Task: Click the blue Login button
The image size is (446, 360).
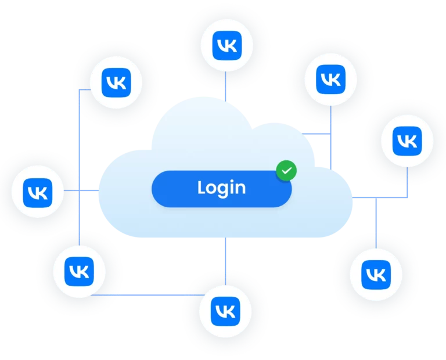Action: (x=221, y=188)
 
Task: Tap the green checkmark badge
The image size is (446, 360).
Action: (x=286, y=171)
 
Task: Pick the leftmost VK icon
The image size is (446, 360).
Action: (x=38, y=190)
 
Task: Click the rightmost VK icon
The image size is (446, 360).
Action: (x=408, y=141)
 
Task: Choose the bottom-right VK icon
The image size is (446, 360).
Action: (x=376, y=272)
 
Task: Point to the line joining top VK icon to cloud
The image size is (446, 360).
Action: (x=225, y=84)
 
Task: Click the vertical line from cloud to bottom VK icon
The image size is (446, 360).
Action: (x=225, y=255)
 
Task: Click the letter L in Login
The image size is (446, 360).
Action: (x=201, y=188)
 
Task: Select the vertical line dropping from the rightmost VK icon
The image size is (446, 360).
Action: (x=408, y=180)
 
